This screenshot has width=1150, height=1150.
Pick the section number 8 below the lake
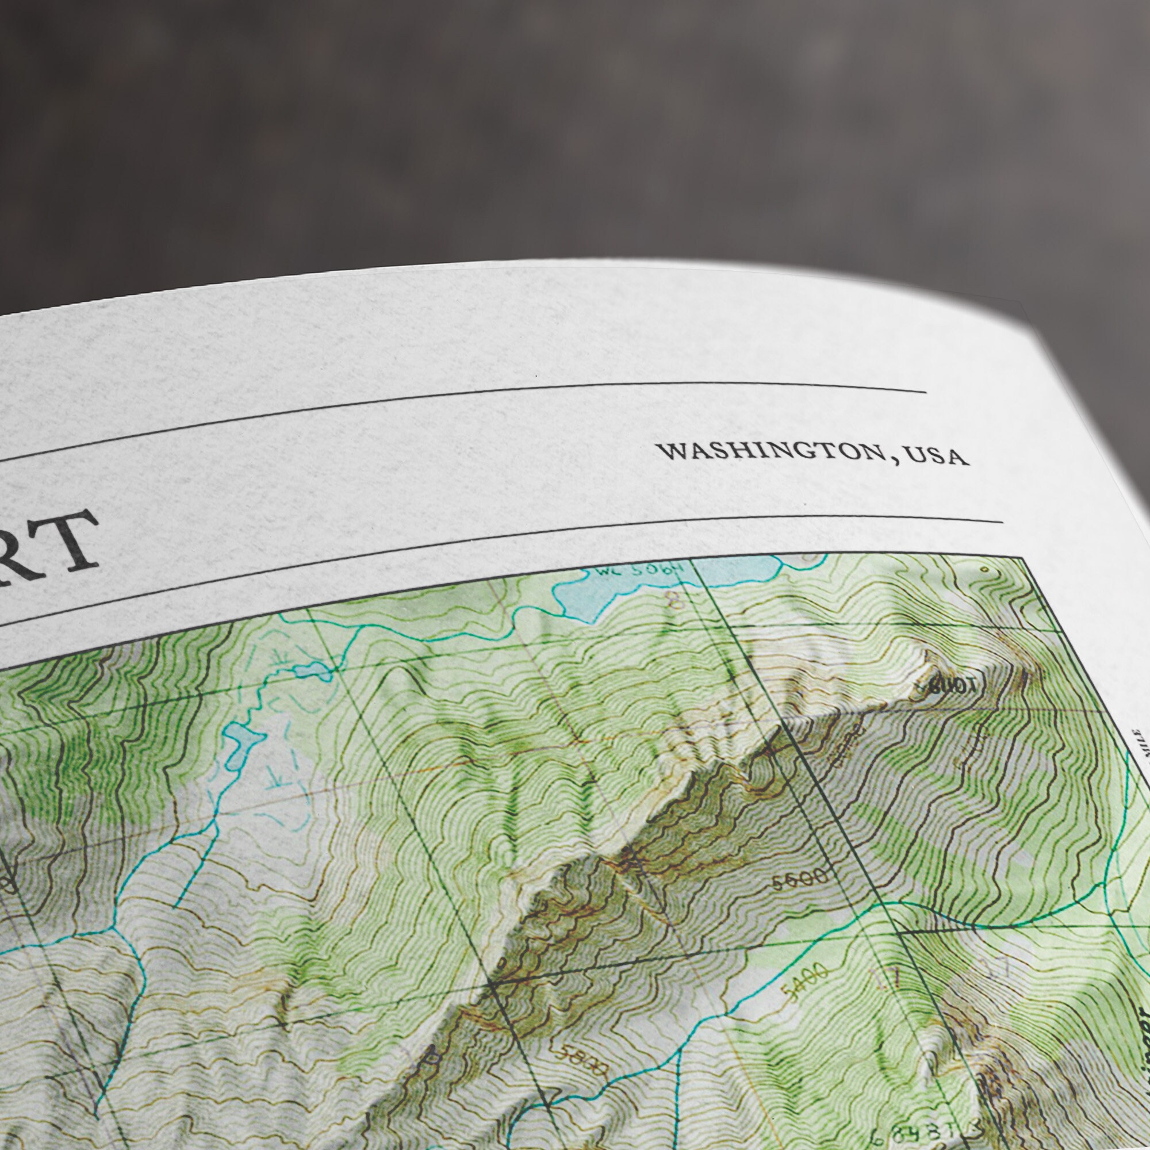(x=675, y=599)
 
